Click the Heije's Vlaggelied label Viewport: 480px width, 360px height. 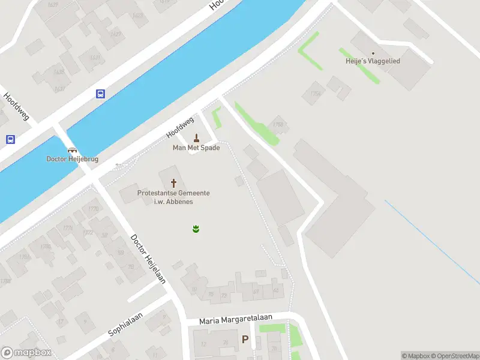(373, 61)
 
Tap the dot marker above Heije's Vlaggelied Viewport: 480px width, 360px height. (373, 53)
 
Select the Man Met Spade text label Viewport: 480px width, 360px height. (196, 148)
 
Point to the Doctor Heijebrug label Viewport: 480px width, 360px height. (73, 159)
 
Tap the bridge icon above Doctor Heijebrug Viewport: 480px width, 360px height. (72, 150)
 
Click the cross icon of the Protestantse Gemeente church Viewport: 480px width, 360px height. (174, 182)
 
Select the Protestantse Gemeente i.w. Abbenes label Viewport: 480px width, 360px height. (173, 197)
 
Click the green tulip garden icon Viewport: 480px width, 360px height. (196, 229)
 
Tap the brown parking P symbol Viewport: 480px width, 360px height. (245, 340)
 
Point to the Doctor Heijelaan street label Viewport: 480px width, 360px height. (148, 259)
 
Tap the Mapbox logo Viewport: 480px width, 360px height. (26, 353)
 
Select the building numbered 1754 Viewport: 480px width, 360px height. (315, 93)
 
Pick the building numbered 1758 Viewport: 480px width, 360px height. (278, 124)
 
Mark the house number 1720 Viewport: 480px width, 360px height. (93, 209)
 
